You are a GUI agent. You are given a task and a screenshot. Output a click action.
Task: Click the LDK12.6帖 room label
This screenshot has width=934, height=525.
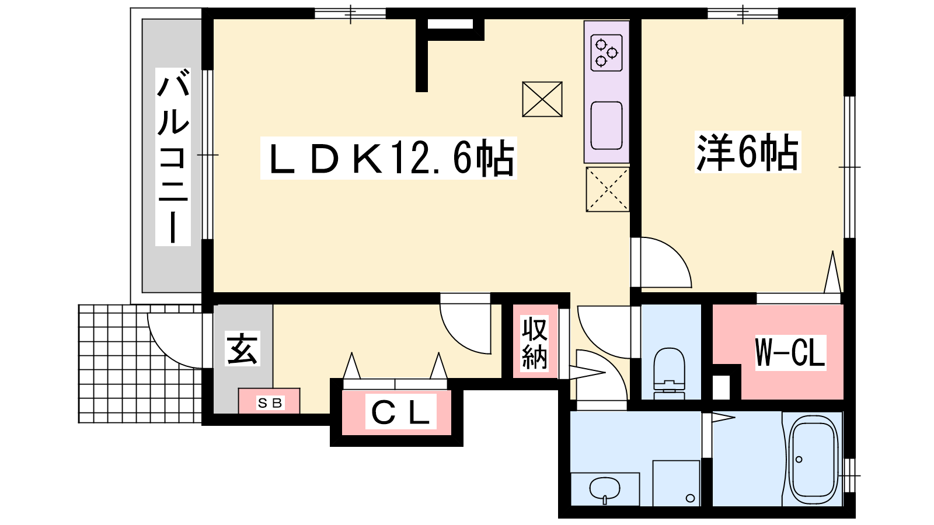(x=389, y=158)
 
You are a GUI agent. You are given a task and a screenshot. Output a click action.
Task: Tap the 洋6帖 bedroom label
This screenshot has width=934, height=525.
(x=748, y=152)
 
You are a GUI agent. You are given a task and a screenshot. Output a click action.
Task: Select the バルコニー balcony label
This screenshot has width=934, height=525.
(x=173, y=157)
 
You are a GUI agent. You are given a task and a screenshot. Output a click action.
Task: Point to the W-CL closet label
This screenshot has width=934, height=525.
(x=790, y=352)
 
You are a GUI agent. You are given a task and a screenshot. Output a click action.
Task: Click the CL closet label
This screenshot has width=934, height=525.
(x=400, y=412)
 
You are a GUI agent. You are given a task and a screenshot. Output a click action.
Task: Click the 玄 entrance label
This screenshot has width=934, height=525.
(x=242, y=349)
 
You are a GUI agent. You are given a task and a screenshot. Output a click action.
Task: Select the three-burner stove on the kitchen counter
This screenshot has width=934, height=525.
(x=607, y=53)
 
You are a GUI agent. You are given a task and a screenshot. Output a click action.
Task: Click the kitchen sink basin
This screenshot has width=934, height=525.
(x=607, y=125)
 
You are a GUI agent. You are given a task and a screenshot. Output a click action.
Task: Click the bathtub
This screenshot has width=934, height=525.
(x=813, y=459)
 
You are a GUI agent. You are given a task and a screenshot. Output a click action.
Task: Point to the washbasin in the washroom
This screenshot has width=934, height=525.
(x=605, y=489)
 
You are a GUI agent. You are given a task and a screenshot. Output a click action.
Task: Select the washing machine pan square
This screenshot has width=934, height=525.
(x=676, y=483)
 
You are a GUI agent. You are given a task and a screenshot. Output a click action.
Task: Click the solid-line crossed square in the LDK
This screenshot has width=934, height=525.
(x=542, y=99)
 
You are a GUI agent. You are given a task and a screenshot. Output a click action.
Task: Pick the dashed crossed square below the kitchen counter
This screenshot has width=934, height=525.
(x=608, y=190)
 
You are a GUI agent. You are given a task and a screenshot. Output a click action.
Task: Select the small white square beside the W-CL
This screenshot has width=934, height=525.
(x=721, y=387)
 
